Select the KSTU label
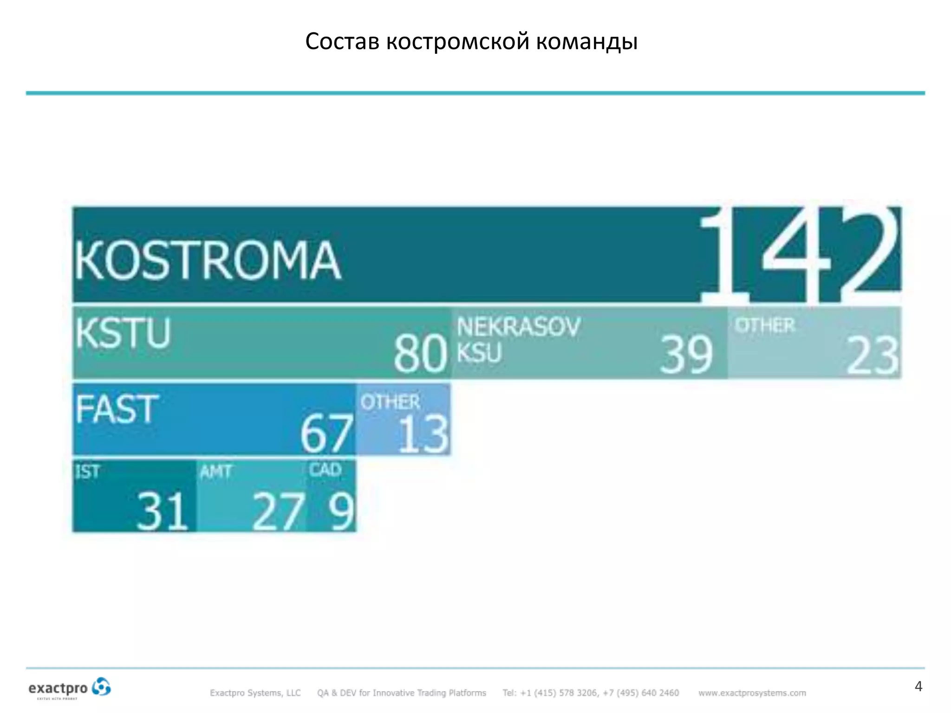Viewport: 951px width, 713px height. [124, 333]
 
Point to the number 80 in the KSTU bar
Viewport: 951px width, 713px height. [420, 355]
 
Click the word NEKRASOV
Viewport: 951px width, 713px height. [518, 327]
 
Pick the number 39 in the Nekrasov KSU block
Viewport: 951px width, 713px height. [686, 356]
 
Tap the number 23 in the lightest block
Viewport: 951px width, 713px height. [872, 356]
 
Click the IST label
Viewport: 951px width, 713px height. [87, 472]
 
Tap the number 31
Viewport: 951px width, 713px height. [162, 511]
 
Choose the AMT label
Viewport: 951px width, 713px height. [215, 472]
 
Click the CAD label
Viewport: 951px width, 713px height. [326, 470]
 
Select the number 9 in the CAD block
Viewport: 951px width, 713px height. [341, 511]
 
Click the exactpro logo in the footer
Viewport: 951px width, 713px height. [70, 688]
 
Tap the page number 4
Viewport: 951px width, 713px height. [918, 687]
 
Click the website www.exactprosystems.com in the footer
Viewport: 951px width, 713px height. [752, 693]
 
